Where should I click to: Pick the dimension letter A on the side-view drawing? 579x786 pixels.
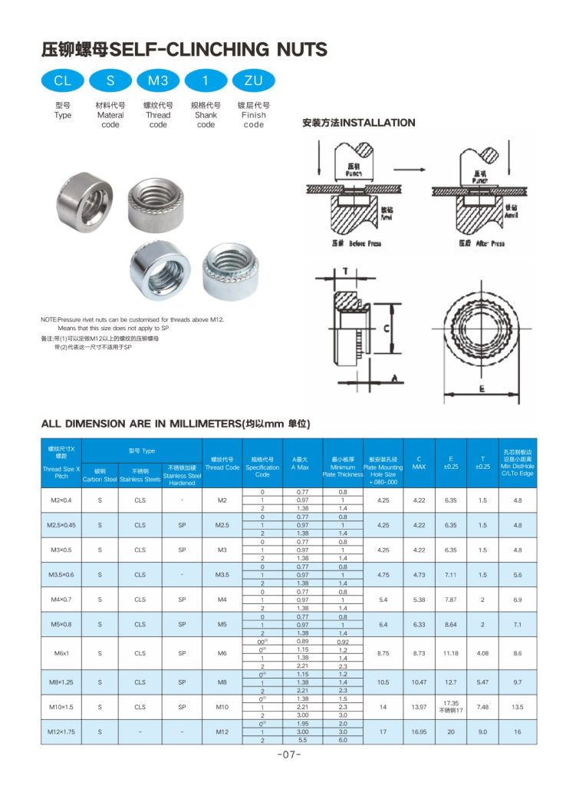393,378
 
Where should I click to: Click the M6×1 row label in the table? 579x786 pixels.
61,653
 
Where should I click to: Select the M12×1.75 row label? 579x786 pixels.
61,732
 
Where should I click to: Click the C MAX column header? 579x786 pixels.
419,462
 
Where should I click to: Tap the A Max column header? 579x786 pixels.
300,462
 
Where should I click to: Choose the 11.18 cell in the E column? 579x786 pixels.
450,653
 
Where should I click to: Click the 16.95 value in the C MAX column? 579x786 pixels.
419,732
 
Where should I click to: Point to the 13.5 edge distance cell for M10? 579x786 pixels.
518,706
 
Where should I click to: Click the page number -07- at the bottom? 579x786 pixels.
289,755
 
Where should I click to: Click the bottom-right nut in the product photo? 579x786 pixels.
228,272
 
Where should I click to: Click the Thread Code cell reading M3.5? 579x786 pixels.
222,574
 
